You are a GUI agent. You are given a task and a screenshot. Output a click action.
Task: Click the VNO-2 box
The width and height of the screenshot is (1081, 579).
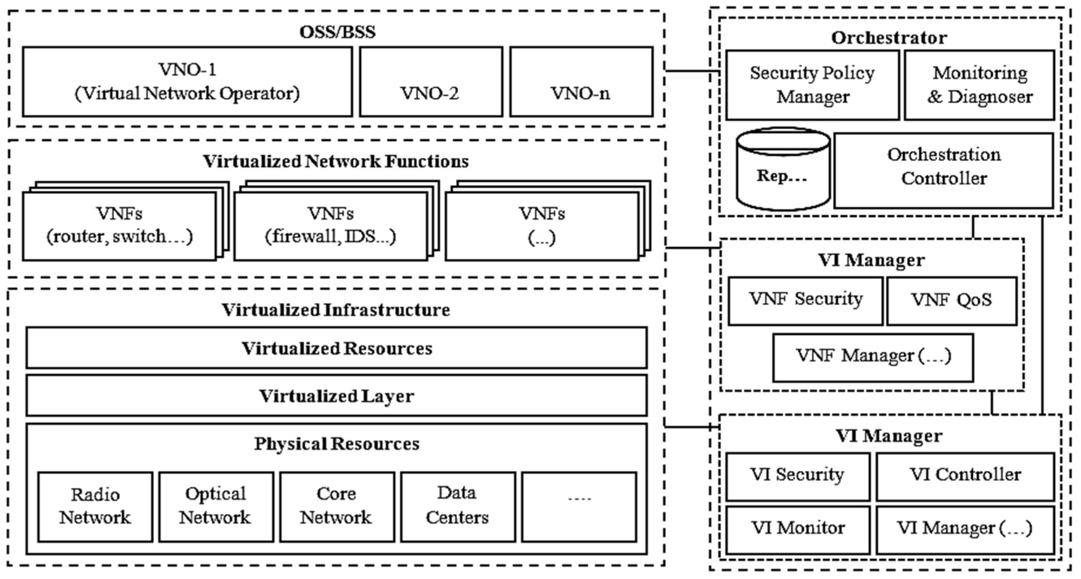(x=431, y=82)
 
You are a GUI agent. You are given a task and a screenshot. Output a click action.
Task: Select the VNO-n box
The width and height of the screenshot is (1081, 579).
(x=581, y=82)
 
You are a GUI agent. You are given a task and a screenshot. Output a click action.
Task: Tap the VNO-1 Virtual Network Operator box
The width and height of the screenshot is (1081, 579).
(x=187, y=82)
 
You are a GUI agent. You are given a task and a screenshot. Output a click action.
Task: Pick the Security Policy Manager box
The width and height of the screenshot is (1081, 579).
(x=812, y=85)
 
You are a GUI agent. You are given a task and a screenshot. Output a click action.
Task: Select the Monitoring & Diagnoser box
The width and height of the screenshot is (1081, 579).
(x=979, y=85)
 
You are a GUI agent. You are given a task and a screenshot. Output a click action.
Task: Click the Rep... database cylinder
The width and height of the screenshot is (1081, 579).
(x=783, y=170)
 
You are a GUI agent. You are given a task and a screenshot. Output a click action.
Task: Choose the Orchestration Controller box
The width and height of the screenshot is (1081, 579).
(x=943, y=170)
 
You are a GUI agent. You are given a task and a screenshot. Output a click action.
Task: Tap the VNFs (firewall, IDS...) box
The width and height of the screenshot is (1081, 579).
(x=330, y=226)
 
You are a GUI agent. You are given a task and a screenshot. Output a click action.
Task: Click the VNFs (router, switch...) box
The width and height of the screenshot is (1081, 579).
(x=119, y=226)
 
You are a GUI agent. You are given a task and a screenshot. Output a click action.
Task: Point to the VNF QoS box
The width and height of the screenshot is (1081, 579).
(x=951, y=300)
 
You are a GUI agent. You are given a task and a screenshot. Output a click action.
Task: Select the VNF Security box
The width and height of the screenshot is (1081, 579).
(x=805, y=300)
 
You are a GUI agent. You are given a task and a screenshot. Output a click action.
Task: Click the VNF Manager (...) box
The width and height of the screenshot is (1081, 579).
(x=873, y=358)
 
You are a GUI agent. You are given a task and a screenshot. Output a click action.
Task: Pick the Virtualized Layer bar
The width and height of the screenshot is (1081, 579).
(x=336, y=396)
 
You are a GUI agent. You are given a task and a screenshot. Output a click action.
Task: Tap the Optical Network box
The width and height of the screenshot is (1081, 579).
(x=216, y=506)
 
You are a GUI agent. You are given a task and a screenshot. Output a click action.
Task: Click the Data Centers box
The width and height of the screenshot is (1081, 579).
(x=457, y=506)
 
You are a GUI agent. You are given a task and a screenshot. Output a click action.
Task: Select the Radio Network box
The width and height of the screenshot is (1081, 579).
(x=95, y=506)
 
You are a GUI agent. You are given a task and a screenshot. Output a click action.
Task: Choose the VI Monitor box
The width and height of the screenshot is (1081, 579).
(x=797, y=529)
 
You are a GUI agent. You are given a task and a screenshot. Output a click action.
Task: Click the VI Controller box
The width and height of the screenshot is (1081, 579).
(x=965, y=476)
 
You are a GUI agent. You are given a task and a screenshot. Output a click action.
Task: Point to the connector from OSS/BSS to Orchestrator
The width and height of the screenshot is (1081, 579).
(x=692, y=70)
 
